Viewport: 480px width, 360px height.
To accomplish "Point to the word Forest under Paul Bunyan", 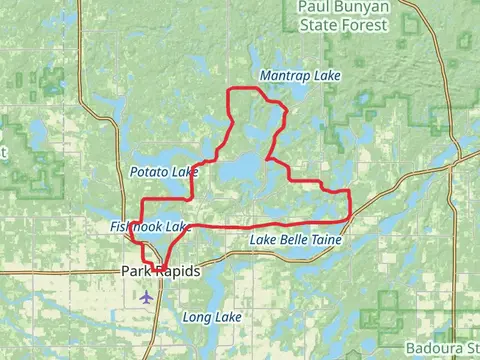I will click(381, 24).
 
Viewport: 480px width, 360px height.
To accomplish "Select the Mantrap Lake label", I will click(300, 76).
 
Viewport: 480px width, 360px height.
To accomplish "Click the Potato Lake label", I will click(164, 172).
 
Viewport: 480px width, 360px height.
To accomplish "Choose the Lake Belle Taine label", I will click(296, 241).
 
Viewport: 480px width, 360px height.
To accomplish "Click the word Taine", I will click(325, 241).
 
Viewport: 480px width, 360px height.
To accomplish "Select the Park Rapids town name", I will click(160, 272).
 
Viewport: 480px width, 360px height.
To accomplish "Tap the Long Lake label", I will click(213, 317).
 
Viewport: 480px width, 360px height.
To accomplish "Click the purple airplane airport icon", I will click(148, 296).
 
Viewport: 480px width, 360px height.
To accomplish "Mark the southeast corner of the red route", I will click(349, 217).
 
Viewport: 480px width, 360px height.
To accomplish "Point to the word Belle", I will click(292, 241).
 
